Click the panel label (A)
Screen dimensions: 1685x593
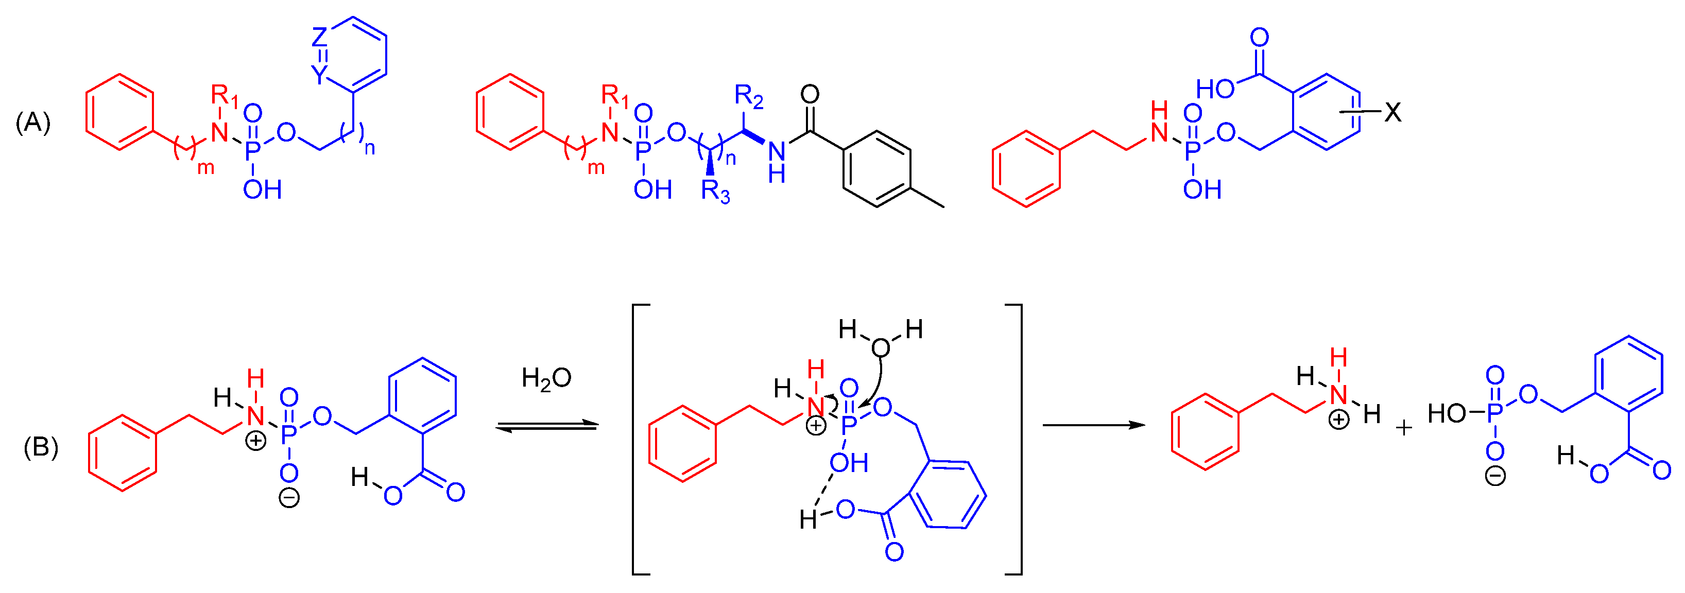[33, 123]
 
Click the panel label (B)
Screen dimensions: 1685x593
[41, 447]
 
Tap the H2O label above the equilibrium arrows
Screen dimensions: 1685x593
[546, 378]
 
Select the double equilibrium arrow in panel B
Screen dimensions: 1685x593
[547, 426]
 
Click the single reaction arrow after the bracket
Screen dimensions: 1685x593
[1094, 425]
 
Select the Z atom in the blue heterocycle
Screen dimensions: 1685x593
[319, 37]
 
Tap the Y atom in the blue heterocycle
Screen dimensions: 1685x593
[319, 75]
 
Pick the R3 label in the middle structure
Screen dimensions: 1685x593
[715, 191]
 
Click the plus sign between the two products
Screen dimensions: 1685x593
[1404, 428]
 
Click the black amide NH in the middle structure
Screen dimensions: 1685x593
[777, 162]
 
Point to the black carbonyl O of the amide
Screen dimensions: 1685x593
[810, 95]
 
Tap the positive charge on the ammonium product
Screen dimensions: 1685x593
[1339, 419]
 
